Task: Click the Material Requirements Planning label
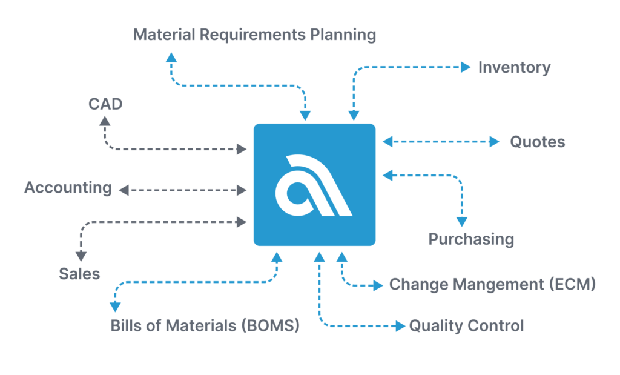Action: point(254,35)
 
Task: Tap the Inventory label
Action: point(514,68)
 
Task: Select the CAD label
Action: point(105,104)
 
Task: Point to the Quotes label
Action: point(538,142)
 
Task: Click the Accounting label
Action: point(68,188)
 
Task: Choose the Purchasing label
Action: point(471,239)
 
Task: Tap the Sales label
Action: point(79,274)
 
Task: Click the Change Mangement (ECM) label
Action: point(492,284)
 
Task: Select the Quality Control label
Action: point(466,326)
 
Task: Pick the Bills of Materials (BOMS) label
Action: point(205,325)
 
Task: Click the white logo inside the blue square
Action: point(314,185)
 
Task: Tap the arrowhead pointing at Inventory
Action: point(466,67)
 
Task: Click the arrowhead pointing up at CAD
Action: point(105,121)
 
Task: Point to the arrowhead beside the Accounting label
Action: point(124,190)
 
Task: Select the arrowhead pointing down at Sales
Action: point(81,256)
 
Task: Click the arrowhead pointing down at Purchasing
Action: point(462,222)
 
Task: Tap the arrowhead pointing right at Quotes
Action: point(494,142)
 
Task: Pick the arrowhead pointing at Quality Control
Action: point(401,326)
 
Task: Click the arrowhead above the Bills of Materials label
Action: point(115,307)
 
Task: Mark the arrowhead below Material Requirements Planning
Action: point(171,58)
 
